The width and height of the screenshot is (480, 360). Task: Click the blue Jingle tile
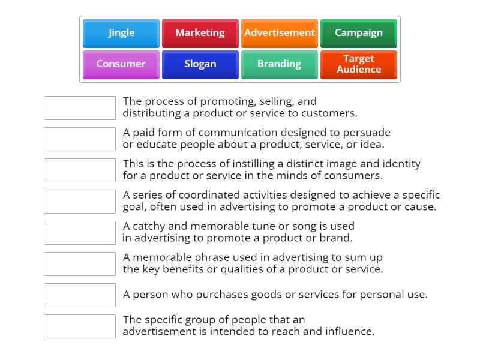pos(121,33)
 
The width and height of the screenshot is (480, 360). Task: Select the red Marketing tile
pos(200,33)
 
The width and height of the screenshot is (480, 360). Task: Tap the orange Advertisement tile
pos(280,33)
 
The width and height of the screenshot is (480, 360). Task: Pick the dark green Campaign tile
pos(358,33)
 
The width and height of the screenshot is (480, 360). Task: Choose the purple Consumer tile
pos(121,64)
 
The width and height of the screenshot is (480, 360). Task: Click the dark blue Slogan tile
pos(200,64)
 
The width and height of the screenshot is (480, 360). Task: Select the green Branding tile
pos(280,64)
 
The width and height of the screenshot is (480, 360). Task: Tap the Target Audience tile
pos(358,64)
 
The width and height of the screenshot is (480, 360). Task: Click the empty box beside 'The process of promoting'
pos(80,108)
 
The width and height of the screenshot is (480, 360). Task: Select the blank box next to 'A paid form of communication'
pos(80,139)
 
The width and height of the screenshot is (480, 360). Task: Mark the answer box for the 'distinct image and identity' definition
pos(80,170)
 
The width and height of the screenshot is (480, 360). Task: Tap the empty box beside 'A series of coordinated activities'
pos(80,202)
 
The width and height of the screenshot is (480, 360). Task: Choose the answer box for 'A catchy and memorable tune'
pos(80,233)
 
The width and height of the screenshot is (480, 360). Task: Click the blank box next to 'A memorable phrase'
pos(80,264)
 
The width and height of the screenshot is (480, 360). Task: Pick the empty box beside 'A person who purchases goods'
pos(80,295)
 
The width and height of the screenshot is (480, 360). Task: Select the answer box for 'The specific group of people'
pos(80,326)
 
